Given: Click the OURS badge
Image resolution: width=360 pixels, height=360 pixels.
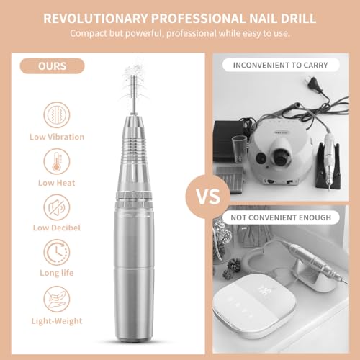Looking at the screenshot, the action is (52, 66).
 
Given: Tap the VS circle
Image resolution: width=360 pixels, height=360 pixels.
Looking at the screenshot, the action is (208, 197).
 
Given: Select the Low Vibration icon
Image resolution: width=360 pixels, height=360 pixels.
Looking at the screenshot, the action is (57, 114).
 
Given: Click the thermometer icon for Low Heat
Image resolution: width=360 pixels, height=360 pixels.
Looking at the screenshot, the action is (57, 161).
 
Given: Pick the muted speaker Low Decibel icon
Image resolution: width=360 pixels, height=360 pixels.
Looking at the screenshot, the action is (57, 207).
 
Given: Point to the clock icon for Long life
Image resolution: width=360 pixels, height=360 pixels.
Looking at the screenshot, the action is (57, 252).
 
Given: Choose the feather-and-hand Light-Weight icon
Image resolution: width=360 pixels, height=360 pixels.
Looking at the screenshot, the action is (57, 299).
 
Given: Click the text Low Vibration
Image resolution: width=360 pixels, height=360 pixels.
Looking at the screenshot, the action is (57, 137).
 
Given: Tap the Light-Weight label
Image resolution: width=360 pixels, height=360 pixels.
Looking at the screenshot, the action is (57, 321).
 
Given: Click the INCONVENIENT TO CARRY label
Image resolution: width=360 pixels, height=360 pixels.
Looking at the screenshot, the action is (281, 65).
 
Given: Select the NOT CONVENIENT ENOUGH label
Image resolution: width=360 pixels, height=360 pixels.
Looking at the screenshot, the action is (281, 217).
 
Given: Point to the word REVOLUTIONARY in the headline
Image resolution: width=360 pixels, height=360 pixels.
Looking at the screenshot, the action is (96, 19).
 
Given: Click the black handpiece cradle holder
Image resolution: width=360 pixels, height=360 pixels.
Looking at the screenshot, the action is (328, 167).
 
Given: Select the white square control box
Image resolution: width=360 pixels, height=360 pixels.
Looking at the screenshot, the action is (255, 305).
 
